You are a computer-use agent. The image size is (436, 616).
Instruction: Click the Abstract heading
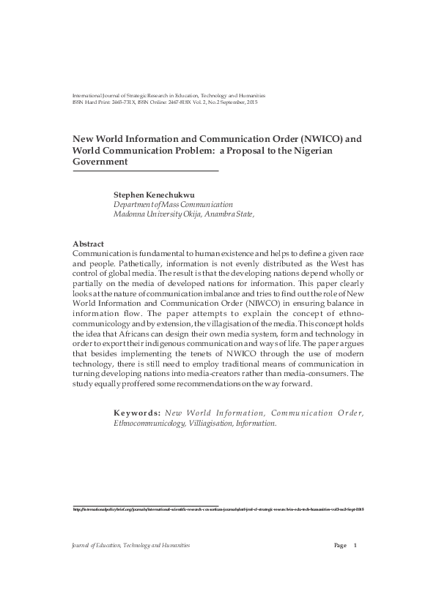point(88,244)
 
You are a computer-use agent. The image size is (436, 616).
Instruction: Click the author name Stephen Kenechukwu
point(151,195)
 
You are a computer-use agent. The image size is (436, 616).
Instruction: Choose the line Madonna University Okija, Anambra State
point(183,214)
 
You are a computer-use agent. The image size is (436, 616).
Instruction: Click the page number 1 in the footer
point(355,545)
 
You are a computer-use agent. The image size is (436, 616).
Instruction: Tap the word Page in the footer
point(340,545)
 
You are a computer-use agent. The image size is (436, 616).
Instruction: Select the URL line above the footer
point(218,509)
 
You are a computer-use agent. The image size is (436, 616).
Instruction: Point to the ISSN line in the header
point(165,102)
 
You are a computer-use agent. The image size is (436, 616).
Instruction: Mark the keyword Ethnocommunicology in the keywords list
point(150,423)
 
